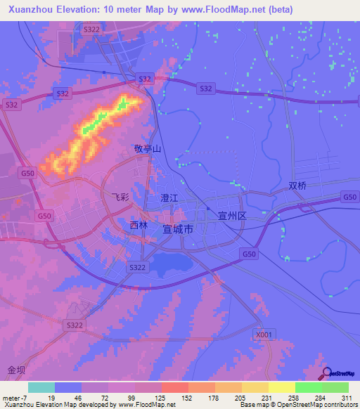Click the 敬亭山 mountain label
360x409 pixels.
[x=148, y=149]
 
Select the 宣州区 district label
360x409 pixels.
[x=231, y=217]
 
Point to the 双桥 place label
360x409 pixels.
[x=298, y=186]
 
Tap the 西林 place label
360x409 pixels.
[x=139, y=226]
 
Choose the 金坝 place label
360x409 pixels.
[x=16, y=370]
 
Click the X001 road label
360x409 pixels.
[x=263, y=335]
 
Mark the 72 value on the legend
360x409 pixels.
[x=106, y=397]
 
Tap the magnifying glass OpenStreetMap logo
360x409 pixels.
[x=326, y=373]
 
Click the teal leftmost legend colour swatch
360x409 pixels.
[x=41, y=387]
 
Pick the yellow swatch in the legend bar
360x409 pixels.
[x=255, y=387]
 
